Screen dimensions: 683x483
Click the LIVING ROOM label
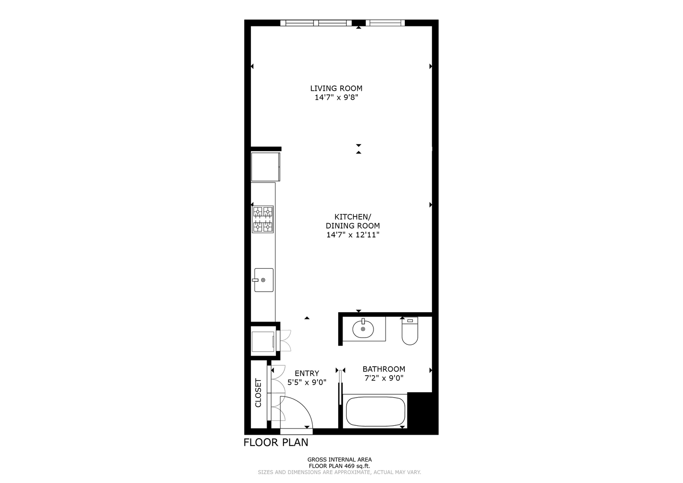pyautogui.click(x=336, y=89)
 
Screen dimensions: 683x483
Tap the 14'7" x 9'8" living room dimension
pyautogui.click(x=336, y=97)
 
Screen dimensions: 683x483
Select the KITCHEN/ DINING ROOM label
pyautogui.click(x=353, y=221)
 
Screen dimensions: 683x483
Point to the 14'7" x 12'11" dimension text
pyautogui.click(x=353, y=235)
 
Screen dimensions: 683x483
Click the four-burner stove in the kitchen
pyautogui.click(x=263, y=219)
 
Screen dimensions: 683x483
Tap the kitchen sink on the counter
pyautogui.click(x=263, y=280)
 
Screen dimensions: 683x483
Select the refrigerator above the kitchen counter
pyautogui.click(x=265, y=167)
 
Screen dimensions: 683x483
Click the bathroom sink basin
pyautogui.click(x=363, y=329)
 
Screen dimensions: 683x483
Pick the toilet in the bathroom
pyautogui.click(x=410, y=331)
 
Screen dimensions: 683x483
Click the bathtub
pyautogui.click(x=375, y=411)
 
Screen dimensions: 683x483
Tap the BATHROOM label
pyautogui.click(x=384, y=369)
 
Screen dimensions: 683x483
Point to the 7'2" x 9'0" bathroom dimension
pyautogui.click(x=384, y=378)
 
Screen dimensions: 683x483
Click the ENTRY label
pyautogui.click(x=307, y=373)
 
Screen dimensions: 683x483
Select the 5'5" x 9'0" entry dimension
pyautogui.click(x=307, y=382)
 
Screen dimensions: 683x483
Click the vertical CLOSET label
pyautogui.click(x=258, y=393)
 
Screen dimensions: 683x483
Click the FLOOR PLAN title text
pyautogui.click(x=276, y=442)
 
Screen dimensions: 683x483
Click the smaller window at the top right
pyautogui.click(x=385, y=23)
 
